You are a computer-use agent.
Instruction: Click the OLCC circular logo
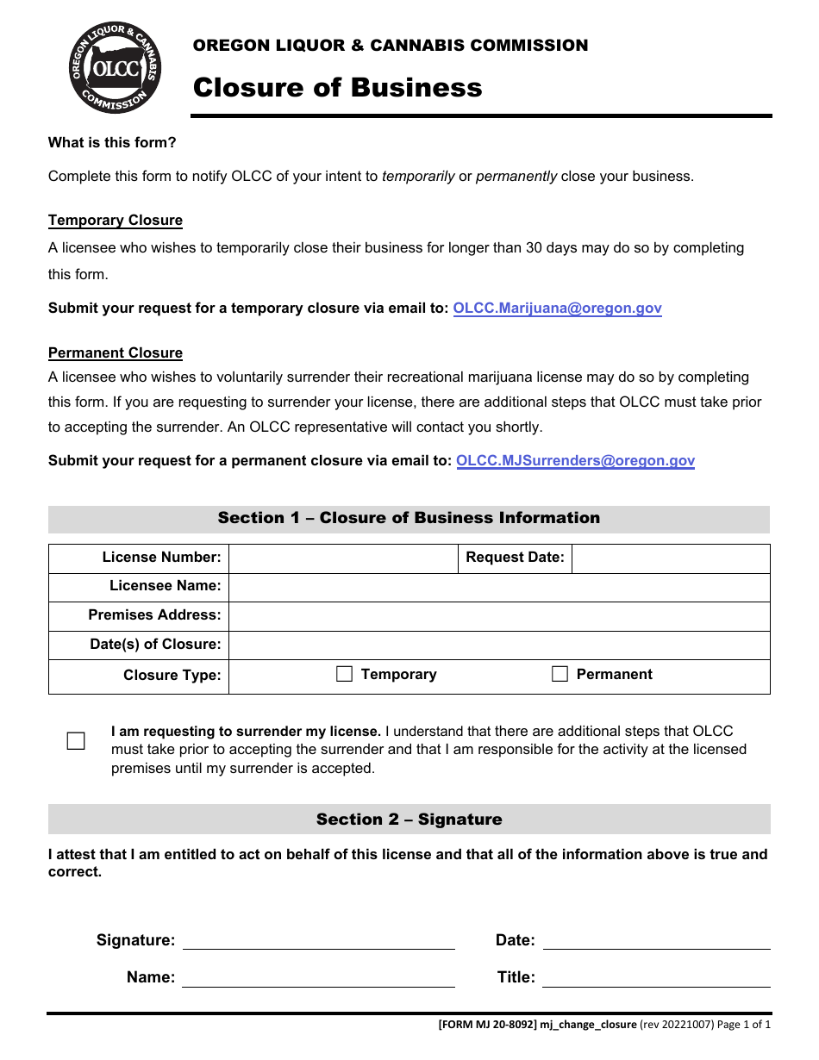115,68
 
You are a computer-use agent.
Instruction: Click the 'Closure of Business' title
337,88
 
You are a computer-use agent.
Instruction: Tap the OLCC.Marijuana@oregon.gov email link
557,309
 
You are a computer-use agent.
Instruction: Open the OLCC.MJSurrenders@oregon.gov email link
575,461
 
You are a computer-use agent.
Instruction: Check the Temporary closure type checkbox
344,675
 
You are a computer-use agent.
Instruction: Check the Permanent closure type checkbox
560,675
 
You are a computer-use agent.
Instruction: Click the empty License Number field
342,558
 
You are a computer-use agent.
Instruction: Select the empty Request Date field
670,558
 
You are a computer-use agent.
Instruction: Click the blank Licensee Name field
498,588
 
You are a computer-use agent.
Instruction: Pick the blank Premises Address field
498,616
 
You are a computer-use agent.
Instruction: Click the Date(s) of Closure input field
498,645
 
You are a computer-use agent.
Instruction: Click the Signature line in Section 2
318,940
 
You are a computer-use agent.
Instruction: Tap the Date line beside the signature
656,940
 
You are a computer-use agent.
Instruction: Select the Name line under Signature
318,978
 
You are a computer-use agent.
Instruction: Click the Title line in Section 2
656,978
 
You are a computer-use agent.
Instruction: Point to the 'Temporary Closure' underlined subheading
116,221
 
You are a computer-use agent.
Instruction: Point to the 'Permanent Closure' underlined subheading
116,353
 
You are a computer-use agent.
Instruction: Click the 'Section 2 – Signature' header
409,820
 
